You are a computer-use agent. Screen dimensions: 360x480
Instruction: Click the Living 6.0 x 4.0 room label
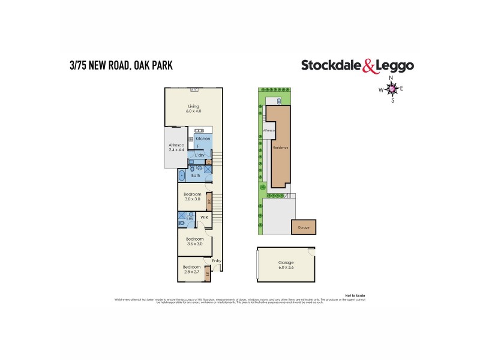pos(193,109)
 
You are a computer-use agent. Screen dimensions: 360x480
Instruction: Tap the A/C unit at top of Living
pos(194,91)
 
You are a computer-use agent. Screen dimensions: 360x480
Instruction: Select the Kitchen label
pos(202,139)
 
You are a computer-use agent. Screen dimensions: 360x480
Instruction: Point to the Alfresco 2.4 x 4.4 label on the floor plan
pos(176,148)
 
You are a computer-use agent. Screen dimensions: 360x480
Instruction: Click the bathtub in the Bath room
pos(182,176)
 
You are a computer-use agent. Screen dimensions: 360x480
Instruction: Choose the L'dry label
pos(200,155)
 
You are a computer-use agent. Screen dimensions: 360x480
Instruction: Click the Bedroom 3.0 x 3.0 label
pos(192,197)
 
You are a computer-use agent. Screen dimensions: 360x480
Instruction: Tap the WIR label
pos(204,217)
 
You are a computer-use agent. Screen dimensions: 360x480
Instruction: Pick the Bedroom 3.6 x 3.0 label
pos(194,241)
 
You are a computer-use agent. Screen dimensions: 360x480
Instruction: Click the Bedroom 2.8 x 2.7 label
pos(191,269)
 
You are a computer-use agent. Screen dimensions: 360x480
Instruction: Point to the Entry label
pos(216,260)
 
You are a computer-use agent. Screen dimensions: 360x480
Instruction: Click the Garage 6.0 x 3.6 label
pos(286,265)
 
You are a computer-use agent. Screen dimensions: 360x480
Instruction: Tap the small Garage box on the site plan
pos(304,227)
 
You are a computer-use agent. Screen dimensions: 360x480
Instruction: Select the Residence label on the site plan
pos(281,147)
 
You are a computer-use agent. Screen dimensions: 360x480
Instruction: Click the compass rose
pos(393,89)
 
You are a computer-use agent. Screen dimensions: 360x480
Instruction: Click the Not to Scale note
pos(355,295)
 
